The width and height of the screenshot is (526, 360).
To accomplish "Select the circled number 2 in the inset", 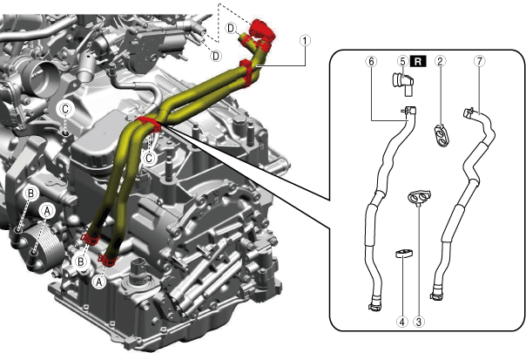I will [x=441, y=61].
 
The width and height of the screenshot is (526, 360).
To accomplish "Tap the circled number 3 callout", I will [x=419, y=321].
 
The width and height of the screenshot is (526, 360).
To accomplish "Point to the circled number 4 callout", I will [x=401, y=321].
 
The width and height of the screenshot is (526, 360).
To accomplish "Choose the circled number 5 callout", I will [x=402, y=61].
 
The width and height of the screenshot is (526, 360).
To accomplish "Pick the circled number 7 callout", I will [x=479, y=61].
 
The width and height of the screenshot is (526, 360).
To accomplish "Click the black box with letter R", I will [x=418, y=61].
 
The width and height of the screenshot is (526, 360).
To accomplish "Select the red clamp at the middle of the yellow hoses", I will [x=145, y=119].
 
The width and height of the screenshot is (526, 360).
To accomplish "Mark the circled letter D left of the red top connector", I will [x=231, y=28].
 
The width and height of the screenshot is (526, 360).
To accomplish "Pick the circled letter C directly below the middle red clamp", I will [x=150, y=159].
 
